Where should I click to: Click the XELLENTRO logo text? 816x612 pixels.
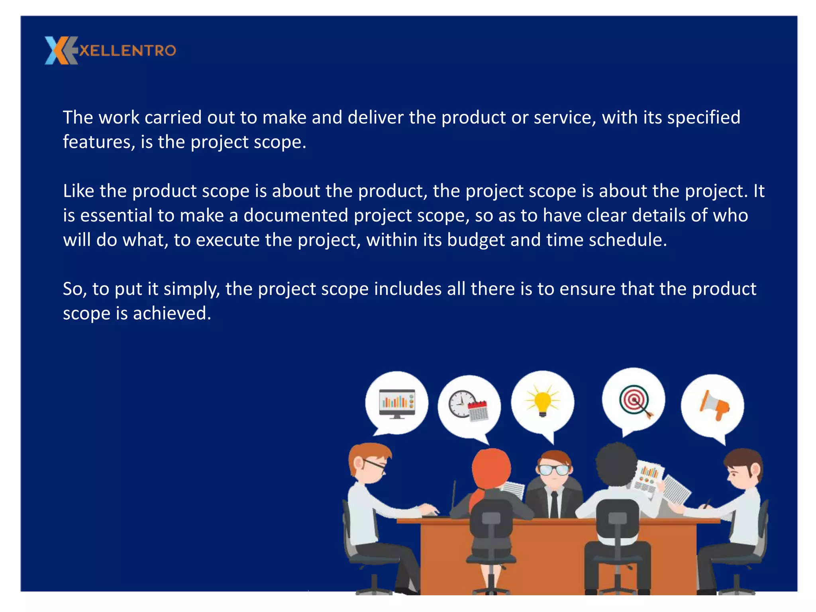[127, 51]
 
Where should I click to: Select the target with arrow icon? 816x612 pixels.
[635, 401]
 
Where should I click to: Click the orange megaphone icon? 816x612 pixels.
[714, 405]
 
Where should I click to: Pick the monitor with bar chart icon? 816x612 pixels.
[397, 403]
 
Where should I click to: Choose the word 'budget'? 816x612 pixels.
[476, 240]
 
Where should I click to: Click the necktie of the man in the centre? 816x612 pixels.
[554, 504]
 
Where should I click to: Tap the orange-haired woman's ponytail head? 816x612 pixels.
[491, 468]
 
